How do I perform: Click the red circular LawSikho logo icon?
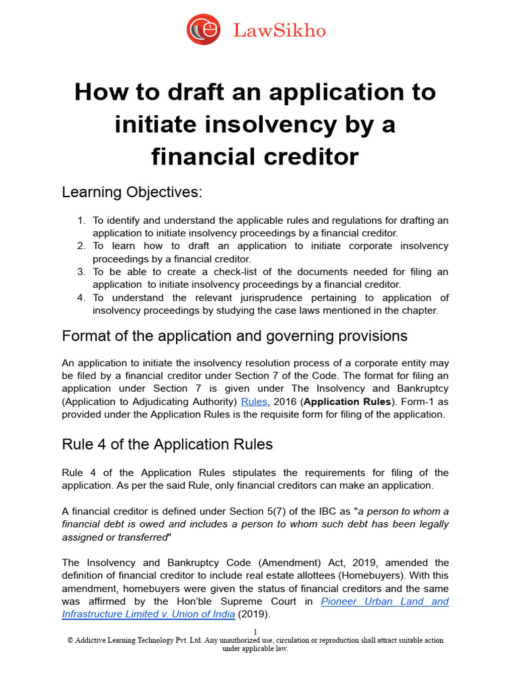coord(203,30)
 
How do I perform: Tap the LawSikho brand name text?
coord(279,30)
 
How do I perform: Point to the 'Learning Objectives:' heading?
coord(131,192)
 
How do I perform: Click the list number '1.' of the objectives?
coord(81,220)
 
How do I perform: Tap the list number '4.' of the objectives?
coord(81,298)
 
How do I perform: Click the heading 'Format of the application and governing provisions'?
coord(235,336)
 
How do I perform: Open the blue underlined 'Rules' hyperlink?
coord(253,402)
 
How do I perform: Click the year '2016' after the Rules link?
coord(283,402)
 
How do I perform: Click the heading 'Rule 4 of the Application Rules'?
coord(167,444)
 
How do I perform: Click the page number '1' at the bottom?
coord(255,631)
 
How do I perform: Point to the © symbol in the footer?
coord(70,641)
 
